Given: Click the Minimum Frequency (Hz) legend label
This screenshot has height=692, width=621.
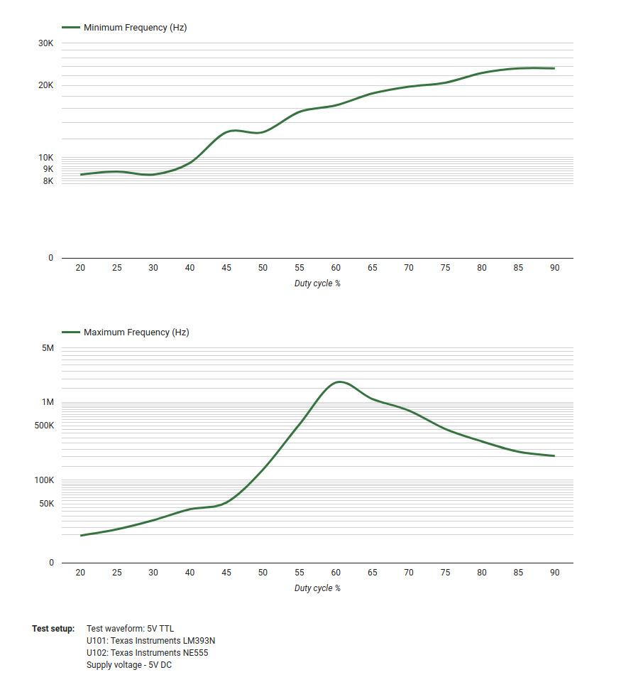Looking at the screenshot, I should click(x=135, y=28).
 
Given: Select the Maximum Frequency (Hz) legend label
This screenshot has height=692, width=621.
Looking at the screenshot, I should click(x=136, y=333).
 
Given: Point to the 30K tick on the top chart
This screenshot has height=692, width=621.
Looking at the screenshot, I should click(x=45, y=43).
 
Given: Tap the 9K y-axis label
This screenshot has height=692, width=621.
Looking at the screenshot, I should click(x=48, y=169).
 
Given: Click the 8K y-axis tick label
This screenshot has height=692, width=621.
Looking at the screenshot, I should click(x=48, y=181).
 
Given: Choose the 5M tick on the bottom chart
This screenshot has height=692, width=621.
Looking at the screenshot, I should click(x=48, y=348).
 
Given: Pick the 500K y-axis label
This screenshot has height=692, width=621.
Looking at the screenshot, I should click(x=44, y=426).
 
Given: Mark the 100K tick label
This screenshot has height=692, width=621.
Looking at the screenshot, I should click(x=44, y=480).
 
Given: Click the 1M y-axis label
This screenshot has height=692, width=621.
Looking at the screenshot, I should click(x=48, y=402).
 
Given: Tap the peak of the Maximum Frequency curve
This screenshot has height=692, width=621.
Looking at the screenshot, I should click(x=340, y=382).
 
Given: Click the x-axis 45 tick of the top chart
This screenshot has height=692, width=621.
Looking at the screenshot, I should click(x=226, y=268).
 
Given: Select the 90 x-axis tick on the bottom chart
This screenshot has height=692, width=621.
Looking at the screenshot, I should click(x=554, y=573).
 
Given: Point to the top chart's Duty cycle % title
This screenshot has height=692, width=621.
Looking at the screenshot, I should click(x=317, y=283).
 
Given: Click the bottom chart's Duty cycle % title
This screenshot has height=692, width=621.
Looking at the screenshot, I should click(x=317, y=588).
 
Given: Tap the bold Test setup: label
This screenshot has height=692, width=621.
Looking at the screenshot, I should click(x=53, y=629).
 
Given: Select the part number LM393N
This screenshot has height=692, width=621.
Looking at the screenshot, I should click(x=199, y=641).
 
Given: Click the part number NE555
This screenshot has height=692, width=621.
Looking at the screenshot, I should click(x=195, y=653).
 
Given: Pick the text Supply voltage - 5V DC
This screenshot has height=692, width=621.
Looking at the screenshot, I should click(x=129, y=665).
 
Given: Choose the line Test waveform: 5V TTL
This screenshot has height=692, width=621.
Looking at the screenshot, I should click(x=130, y=629).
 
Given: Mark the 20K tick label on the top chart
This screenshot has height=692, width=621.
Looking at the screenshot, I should click(x=45, y=85).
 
